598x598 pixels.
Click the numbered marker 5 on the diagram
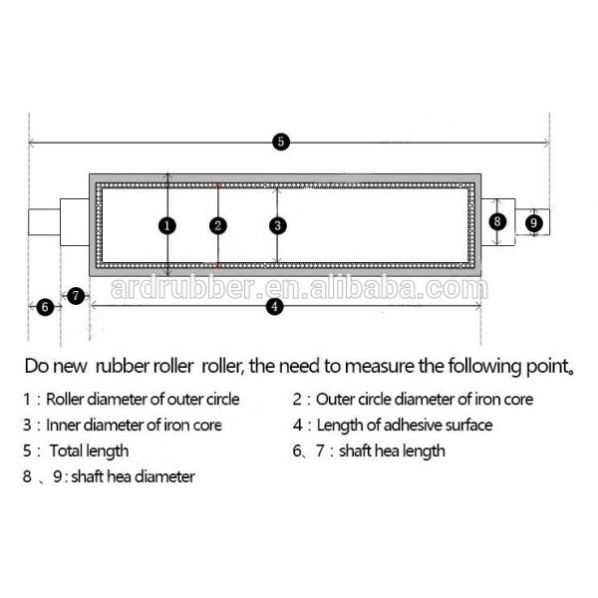click(281, 142)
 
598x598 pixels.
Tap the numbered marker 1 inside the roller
click(167, 225)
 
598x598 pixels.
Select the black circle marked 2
click(217, 225)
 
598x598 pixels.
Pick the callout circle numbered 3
click(277, 225)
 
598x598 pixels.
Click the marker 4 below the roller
click(275, 307)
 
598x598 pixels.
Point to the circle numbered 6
click(45, 307)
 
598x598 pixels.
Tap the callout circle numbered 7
click(77, 295)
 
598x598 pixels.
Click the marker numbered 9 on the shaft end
click(534, 222)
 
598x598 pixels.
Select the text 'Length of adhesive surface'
click(405, 425)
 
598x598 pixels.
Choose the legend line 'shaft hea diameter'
click(134, 476)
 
